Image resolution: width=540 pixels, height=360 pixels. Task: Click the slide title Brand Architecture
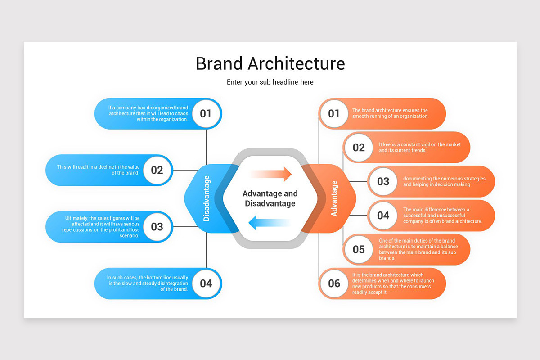[270, 63]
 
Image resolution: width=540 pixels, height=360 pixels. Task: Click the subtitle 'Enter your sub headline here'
[270, 82]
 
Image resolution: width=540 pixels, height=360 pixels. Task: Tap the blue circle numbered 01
[206, 113]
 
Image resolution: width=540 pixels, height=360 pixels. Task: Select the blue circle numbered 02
[157, 170]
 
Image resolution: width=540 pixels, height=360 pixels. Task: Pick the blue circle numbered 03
[157, 226]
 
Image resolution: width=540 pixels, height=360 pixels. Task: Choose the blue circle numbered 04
[206, 283]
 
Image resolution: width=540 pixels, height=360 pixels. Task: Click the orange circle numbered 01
[333, 113]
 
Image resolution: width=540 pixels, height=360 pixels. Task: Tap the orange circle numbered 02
[359, 148]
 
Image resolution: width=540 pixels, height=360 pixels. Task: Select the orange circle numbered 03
[383, 181]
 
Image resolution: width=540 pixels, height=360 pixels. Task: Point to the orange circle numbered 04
[383, 216]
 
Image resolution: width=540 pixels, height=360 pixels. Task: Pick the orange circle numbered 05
[359, 249]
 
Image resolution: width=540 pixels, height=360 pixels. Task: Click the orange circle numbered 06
[334, 283]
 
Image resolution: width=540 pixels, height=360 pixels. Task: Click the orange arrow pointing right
[272, 174]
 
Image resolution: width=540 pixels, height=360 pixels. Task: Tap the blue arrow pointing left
[269, 222]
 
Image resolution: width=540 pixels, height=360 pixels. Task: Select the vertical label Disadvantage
[207, 198]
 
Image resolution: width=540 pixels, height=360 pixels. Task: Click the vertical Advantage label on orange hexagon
[334, 198]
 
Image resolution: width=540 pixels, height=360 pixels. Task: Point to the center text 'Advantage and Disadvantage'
[270, 198]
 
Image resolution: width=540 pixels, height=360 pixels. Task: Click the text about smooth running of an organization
[390, 113]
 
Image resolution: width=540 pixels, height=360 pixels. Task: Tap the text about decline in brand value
[98, 170]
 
